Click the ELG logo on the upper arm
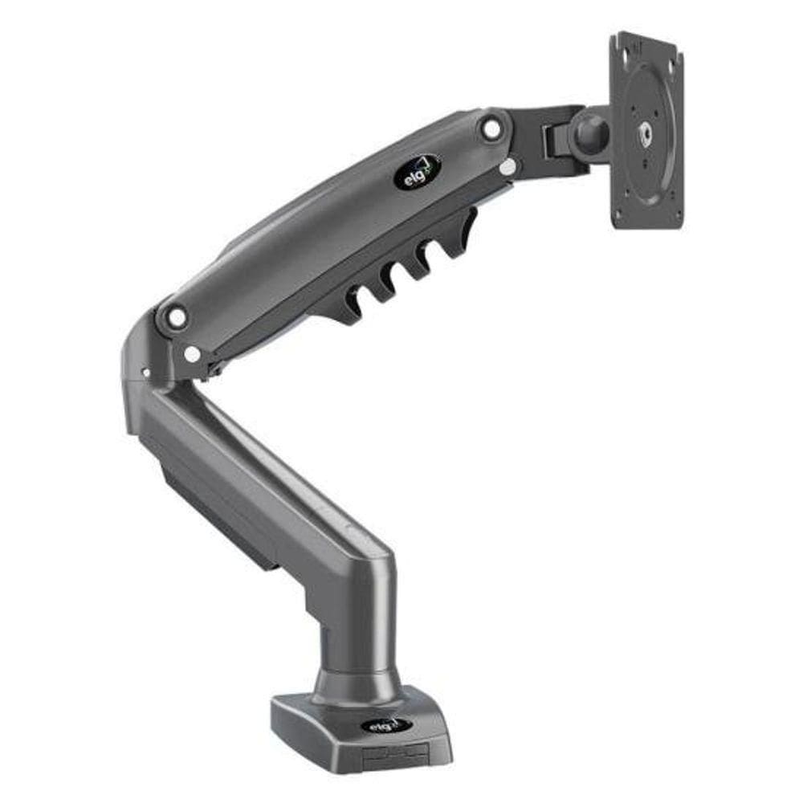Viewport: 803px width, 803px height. click(x=418, y=171)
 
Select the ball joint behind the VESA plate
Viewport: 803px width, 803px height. click(x=590, y=132)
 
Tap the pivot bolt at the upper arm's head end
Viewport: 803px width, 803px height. click(x=491, y=127)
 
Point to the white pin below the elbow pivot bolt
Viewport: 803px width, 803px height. click(x=192, y=353)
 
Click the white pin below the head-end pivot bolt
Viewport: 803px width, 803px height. click(x=507, y=166)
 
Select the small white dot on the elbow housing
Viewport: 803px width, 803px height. click(x=145, y=372)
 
